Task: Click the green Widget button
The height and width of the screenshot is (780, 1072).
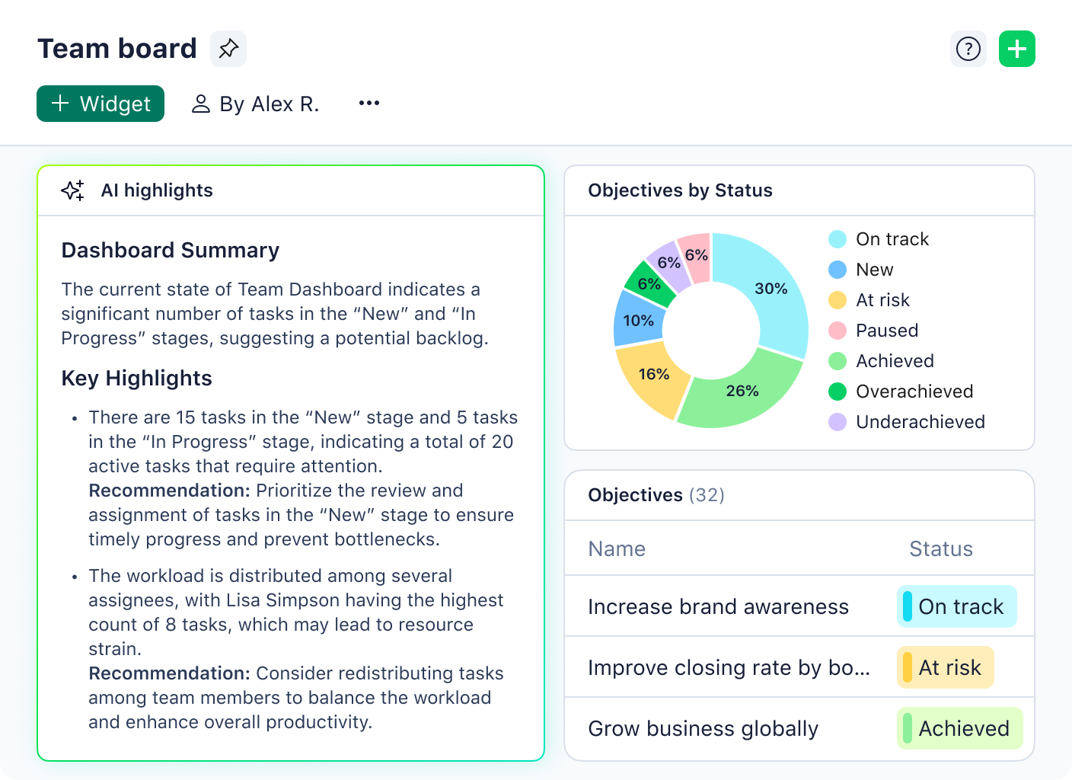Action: [x=100, y=104]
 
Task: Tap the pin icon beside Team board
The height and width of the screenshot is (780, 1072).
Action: [x=228, y=49]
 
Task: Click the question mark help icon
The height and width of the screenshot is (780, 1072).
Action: [x=968, y=49]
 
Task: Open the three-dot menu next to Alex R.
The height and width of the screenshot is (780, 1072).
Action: [x=369, y=103]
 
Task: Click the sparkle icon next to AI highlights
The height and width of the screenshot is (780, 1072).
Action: [x=73, y=190]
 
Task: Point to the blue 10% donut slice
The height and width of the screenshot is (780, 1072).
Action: [x=638, y=320]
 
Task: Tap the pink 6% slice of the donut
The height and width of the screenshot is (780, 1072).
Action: [x=695, y=256]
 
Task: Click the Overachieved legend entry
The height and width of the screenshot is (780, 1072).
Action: [x=904, y=392]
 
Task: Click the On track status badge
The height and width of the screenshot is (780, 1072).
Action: [x=956, y=606]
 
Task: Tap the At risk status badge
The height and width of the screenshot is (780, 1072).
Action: [x=945, y=667]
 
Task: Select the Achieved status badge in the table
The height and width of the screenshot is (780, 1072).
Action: [x=959, y=728]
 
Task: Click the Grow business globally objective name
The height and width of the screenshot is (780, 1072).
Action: [x=703, y=729]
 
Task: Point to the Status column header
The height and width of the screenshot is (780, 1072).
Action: [x=941, y=549]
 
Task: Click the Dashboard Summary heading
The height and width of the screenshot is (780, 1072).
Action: [x=171, y=251]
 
